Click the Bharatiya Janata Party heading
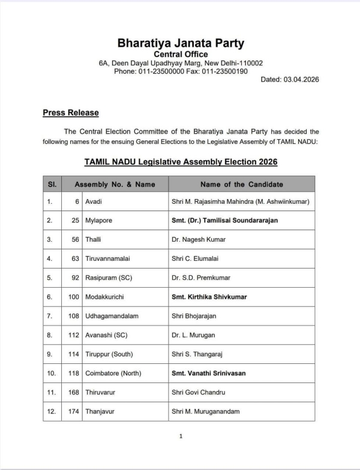[181, 43]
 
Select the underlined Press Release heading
[71, 113]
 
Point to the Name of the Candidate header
[241, 184]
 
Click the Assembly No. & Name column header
[115, 184]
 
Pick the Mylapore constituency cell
[98, 220]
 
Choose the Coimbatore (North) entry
[113, 373]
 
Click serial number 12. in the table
[52, 411]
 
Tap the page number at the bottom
[181, 436]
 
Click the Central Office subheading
[181, 55]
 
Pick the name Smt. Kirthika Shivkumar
[209, 297]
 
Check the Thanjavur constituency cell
[98, 411]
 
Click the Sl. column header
[52, 184]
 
